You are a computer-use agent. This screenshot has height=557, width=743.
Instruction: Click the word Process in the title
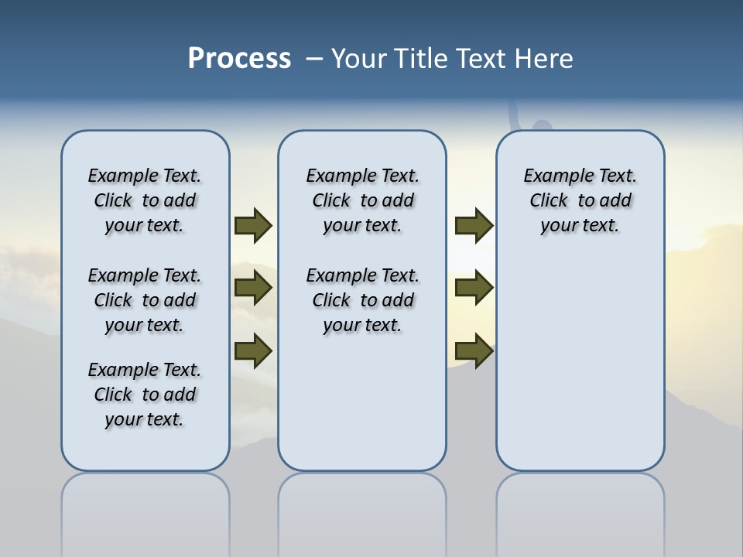[x=239, y=59]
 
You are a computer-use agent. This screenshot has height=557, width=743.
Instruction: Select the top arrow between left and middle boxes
[x=253, y=225]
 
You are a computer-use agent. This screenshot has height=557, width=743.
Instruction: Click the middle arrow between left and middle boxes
[x=253, y=289]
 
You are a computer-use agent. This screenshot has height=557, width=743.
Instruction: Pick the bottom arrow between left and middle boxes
[x=253, y=350]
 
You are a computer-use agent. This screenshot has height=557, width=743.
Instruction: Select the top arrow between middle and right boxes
[x=474, y=225]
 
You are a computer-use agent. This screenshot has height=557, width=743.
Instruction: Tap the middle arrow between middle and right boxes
[x=474, y=289]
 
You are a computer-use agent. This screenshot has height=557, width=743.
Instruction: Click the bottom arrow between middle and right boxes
[x=474, y=350]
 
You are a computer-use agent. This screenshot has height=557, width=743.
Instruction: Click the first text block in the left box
[x=145, y=200]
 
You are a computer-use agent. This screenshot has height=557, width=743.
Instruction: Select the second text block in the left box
[x=145, y=300]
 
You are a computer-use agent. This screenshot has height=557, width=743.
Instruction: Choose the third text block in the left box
[x=145, y=395]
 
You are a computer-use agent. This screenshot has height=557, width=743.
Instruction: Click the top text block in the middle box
[x=362, y=200]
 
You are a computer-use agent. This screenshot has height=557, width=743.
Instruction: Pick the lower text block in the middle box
[x=362, y=300]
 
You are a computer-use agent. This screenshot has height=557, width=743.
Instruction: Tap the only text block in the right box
[x=580, y=200]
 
